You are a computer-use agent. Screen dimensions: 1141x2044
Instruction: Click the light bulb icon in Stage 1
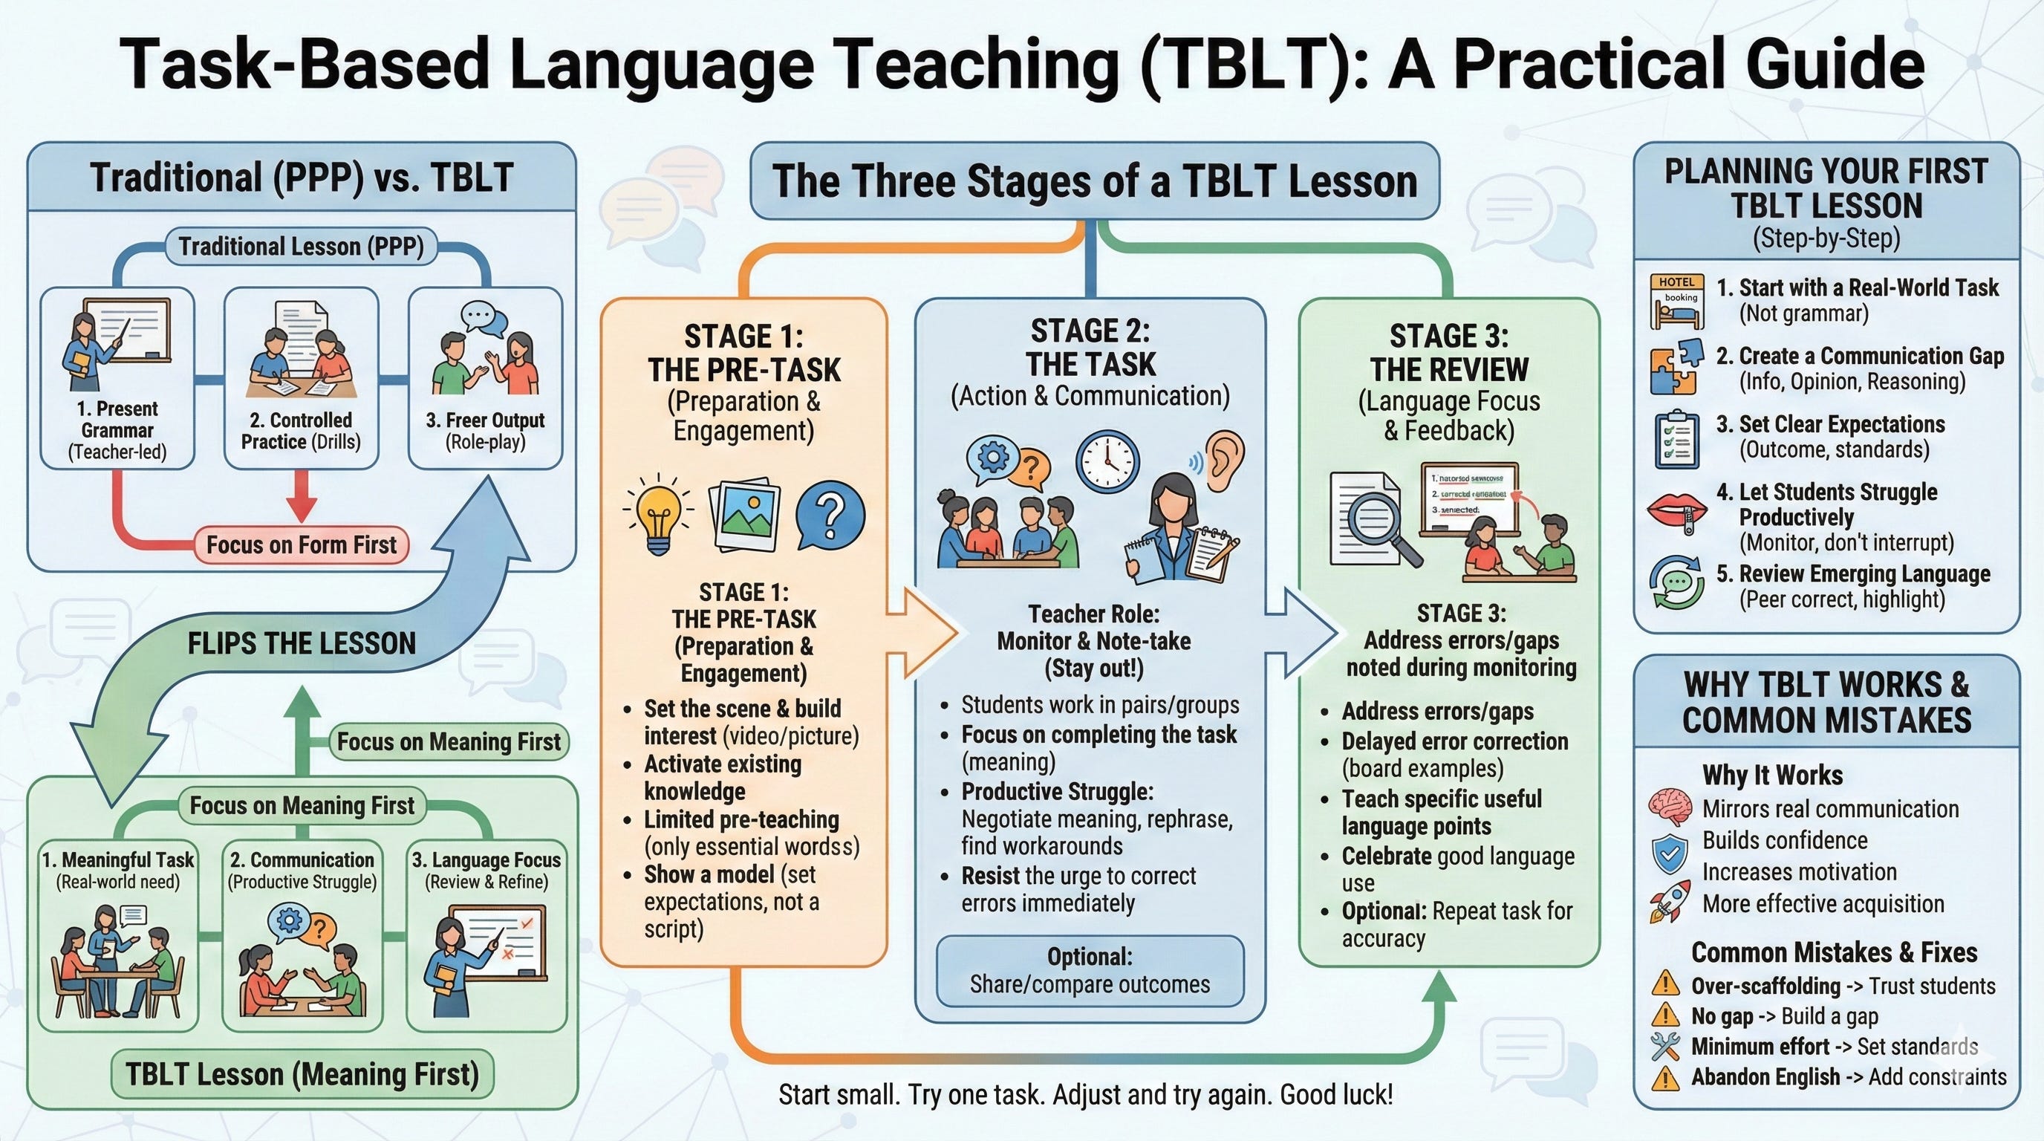(658, 515)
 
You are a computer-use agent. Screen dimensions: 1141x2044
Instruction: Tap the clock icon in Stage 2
(1107, 464)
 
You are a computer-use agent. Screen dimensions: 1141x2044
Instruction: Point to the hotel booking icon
(1676, 302)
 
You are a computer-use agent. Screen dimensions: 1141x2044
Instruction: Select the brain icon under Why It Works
(1670, 807)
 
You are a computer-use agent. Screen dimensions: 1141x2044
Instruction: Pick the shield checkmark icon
(1670, 854)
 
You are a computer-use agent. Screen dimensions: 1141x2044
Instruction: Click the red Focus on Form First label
(302, 545)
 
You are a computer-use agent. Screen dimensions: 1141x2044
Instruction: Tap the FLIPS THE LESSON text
(302, 643)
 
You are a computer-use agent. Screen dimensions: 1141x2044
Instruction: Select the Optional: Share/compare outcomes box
(1090, 970)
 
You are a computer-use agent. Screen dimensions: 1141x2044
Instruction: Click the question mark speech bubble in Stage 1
(830, 515)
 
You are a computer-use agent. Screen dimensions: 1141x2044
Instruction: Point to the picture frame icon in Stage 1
(743, 515)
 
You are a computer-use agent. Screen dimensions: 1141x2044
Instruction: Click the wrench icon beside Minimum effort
(1664, 1047)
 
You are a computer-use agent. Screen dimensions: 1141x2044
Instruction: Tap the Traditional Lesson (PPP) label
(301, 246)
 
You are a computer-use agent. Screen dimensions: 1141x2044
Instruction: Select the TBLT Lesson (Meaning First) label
(302, 1074)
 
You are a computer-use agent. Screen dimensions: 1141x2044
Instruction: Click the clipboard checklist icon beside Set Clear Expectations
(1676, 439)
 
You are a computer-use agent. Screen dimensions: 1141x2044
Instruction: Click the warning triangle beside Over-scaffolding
(1664, 986)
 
